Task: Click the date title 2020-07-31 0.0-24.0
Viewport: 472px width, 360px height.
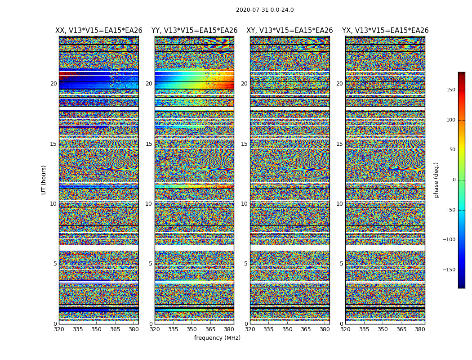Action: (265, 10)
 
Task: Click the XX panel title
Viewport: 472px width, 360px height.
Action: (99, 31)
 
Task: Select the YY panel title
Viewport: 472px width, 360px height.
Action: (194, 31)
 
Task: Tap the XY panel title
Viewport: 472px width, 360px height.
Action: (289, 31)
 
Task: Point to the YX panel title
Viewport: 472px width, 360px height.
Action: (385, 31)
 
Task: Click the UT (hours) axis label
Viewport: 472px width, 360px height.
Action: (44, 180)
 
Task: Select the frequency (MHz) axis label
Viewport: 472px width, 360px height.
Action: (217, 338)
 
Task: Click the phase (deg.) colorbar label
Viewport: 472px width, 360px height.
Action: (436, 180)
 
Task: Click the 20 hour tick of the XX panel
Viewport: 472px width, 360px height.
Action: (53, 84)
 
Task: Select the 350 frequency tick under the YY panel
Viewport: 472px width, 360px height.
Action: (191, 329)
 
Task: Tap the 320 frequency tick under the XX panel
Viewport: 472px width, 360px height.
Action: (59, 329)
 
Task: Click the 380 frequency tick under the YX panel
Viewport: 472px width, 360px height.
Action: (420, 329)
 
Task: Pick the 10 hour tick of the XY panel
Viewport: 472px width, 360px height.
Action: (244, 204)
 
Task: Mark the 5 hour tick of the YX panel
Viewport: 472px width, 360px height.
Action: (341, 264)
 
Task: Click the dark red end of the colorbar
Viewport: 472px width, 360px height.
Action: (461, 74)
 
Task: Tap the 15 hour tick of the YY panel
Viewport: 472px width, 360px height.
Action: (149, 144)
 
